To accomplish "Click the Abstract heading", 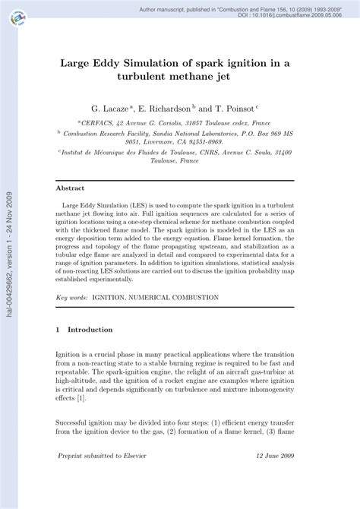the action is coord(71,188).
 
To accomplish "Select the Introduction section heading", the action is coord(90,330).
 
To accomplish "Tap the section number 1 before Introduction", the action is coord(59,330).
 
